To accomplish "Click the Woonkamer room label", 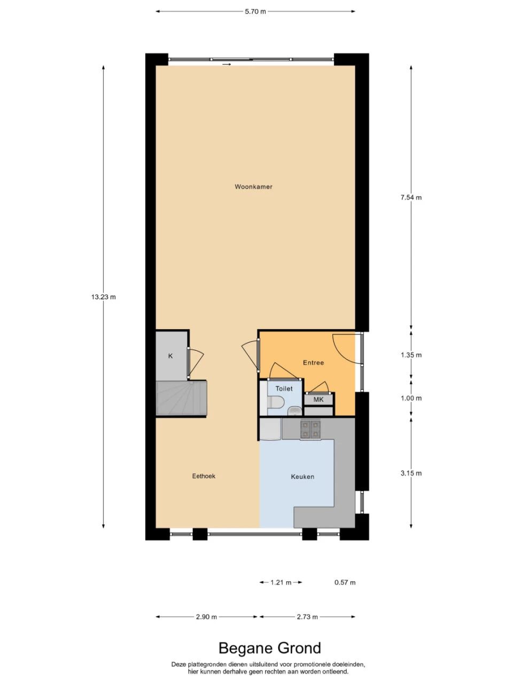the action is [x=253, y=186].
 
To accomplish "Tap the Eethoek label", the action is [x=204, y=476].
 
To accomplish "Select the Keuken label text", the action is [x=302, y=477].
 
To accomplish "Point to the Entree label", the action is [x=313, y=362].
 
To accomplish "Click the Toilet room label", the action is [x=284, y=388].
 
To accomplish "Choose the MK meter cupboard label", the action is [x=318, y=400].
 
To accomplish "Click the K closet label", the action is [x=170, y=356].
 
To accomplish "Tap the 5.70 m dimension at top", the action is [x=255, y=12].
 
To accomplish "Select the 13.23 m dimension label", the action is [x=104, y=297].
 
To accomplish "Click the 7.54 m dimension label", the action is [x=411, y=197].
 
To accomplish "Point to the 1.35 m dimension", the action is [x=411, y=355].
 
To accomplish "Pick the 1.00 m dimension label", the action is [x=411, y=398].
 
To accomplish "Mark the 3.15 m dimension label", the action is [x=411, y=473].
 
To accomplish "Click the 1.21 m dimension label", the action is [x=281, y=582].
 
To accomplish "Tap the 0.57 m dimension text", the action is [x=345, y=582].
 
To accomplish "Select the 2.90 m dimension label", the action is [x=206, y=617].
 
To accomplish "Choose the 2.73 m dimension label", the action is [x=307, y=617].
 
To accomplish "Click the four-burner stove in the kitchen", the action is [x=310, y=429].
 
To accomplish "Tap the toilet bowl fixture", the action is [x=275, y=402].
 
